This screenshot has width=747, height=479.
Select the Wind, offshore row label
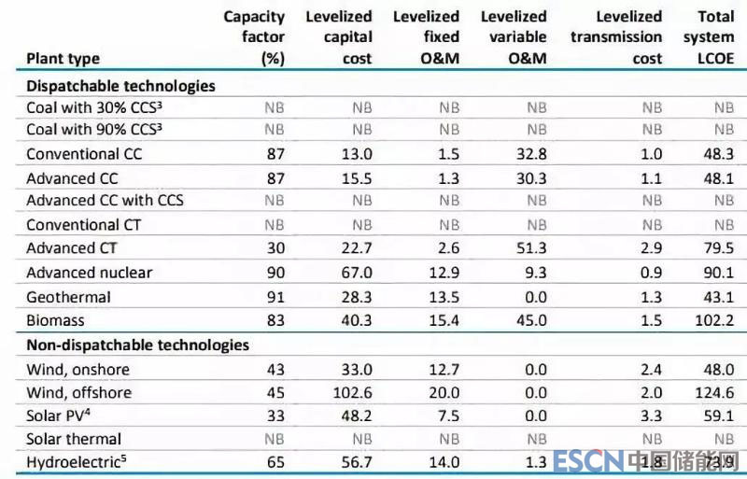[x=78, y=392]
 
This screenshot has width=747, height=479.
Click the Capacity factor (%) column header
[x=254, y=37]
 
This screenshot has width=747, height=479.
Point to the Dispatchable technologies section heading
[x=120, y=86]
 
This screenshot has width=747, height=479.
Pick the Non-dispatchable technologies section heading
[x=137, y=345]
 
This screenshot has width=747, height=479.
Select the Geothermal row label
[x=68, y=297]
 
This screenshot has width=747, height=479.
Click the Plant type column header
[x=63, y=59]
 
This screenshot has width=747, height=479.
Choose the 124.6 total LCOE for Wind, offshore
[x=721, y=392]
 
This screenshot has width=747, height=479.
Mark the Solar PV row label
[x=62, y=416]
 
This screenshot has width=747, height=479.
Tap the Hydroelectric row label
[x=76, y=461]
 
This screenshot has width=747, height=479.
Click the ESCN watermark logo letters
[x=586, y=461]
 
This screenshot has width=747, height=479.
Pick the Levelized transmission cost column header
[x=617, y=37]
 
